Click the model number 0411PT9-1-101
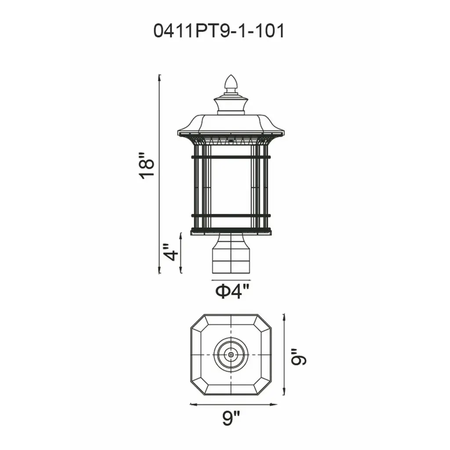(219, 31)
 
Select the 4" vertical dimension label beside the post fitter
(171, 253)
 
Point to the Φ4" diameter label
(231, 292)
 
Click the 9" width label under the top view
(231, 418)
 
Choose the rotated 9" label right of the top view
(299, 357)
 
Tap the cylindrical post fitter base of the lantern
(231, 254)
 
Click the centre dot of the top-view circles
(231, 355)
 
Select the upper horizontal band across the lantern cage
(231, 157)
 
